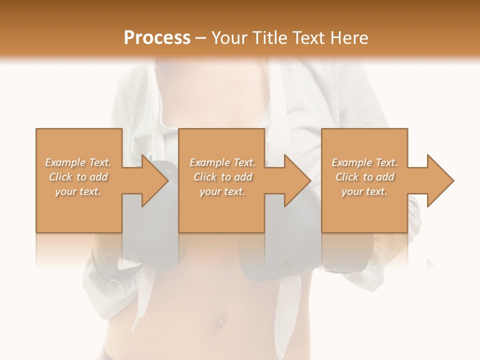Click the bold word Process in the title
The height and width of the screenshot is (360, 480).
157,38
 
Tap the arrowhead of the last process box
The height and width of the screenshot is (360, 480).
440,180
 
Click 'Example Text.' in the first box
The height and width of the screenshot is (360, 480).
78,162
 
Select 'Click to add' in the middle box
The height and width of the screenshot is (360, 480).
222,177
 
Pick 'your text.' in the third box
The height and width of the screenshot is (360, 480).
364,191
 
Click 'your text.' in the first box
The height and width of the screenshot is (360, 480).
78,191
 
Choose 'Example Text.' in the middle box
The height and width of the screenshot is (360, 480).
222,162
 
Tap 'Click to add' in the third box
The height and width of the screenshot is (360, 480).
364,177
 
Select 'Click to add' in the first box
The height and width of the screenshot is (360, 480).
78,177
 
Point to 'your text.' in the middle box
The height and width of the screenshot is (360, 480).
222,191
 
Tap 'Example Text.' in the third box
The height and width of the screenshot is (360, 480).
364,162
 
